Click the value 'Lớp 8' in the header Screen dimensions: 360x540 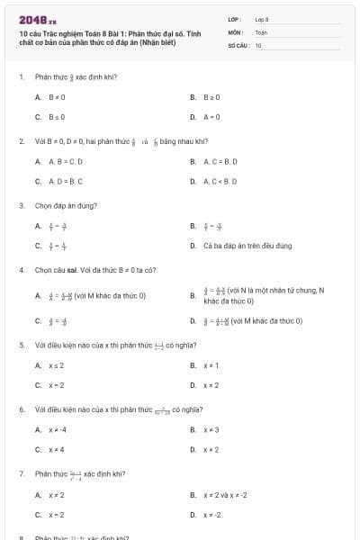pyautogui.click(x=262, y=19)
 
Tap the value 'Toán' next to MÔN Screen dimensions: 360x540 pyautogui.click(x=261, y=31)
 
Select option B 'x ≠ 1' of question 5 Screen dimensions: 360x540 pyautogui.click(x=211, y=365)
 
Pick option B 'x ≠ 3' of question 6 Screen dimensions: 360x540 pyautogui.click(x=211, y=429)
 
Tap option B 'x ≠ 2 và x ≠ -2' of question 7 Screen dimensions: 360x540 pyautogui.click(x=225, y=494)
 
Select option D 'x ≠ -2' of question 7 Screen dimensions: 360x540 pyautogui.click(x=213, y=514)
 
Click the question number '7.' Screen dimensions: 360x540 pyautogui.click(x=21, y=473)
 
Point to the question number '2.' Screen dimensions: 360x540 pyautogui.click(x=21, y=141)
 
